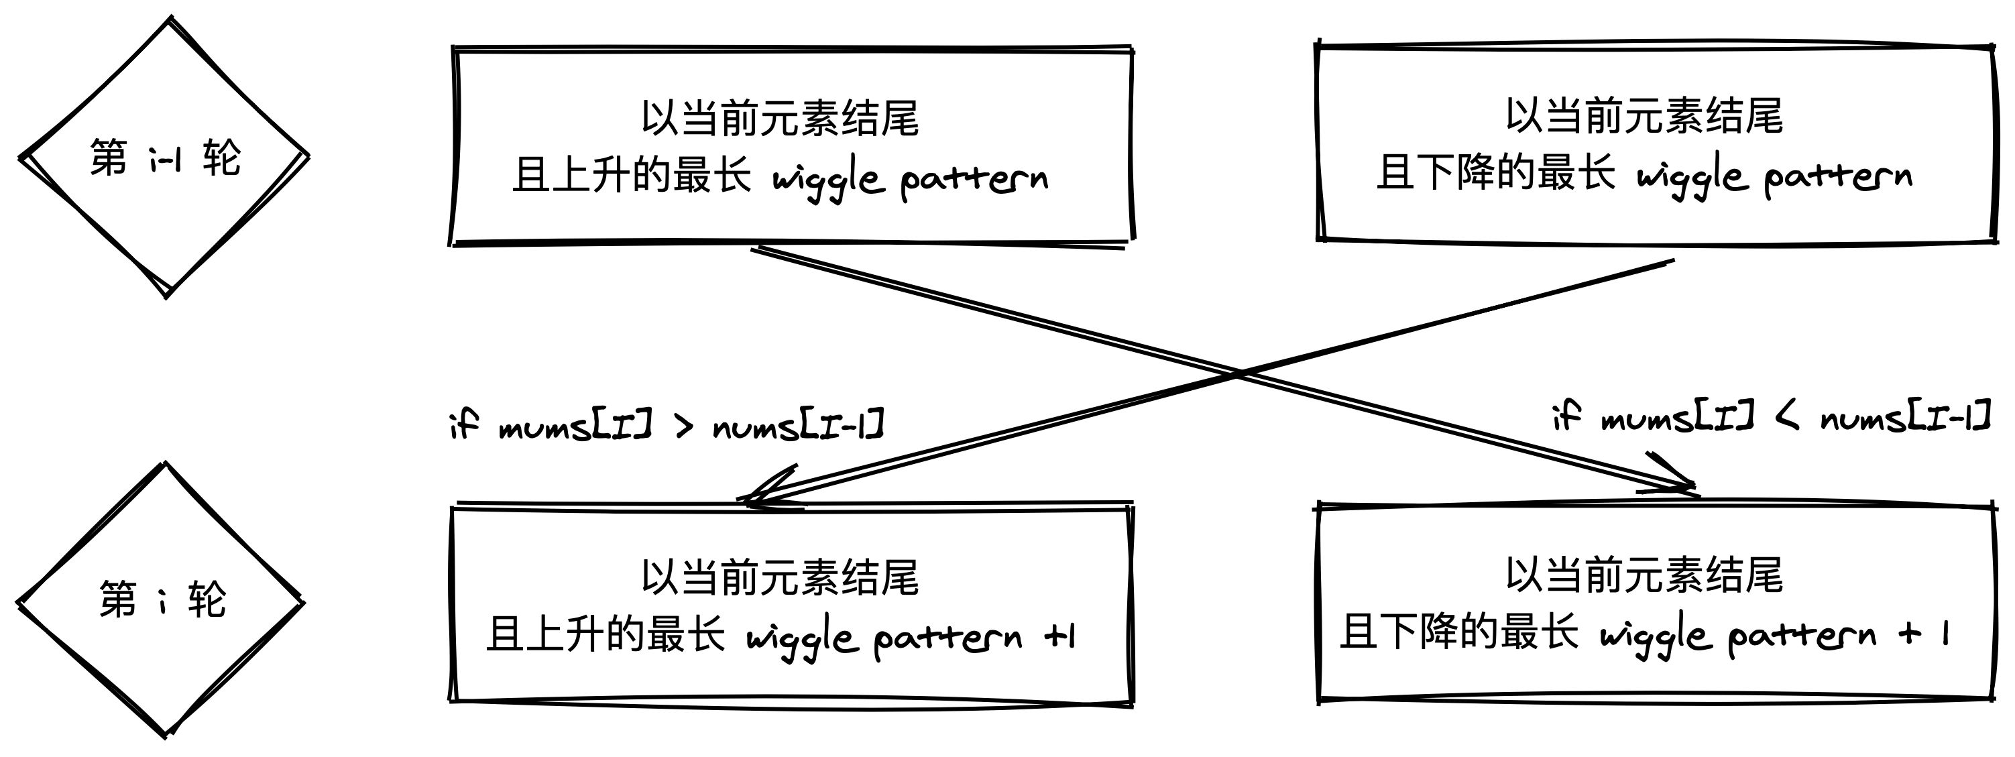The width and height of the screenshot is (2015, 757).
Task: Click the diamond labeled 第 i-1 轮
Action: pos(164,156)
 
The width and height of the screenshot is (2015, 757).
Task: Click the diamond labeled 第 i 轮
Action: pos(161,601)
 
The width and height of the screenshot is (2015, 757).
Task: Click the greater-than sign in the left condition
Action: pos(684,427)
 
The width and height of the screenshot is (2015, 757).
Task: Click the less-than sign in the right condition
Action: pos(1788,418)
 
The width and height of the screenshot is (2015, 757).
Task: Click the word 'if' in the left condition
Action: pos(464,424)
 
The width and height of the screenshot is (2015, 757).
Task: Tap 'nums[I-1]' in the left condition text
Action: pos(798,425)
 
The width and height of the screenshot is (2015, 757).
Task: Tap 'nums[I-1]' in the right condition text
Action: pos(1906,418)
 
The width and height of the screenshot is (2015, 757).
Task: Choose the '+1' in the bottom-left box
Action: pos(1061,636)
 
